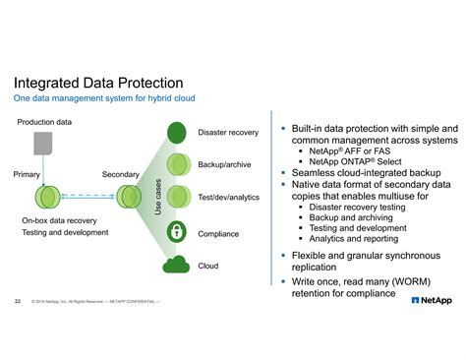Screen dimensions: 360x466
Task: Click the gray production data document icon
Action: (44, 144)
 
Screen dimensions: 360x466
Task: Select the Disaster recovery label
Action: (228, 132)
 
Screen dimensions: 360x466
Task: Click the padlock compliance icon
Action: (177, 233)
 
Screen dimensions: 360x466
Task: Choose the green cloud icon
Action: (177, 265)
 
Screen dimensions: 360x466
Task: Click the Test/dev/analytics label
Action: (228, 198)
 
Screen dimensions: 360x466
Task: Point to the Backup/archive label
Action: (224, 164)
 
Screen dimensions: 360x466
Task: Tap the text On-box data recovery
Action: (59, 221)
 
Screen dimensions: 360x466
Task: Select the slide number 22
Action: (18, 299)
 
